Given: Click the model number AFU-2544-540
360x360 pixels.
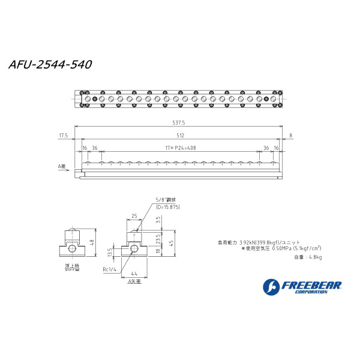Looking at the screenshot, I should pyautogui.click(x=50, y=65).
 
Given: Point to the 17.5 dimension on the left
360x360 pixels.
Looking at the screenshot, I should pyautogui.click(x=63, y=135).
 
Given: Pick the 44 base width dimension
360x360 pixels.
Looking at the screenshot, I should pyautogui.click(x=134, y=273).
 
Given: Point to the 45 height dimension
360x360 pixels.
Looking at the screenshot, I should pyautogui.click(x=172, y=243).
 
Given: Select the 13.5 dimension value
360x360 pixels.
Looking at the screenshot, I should pyautogui.click(x=109, y=251).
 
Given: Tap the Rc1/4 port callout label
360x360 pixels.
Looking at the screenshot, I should pyautogui.click(x=110, y=268).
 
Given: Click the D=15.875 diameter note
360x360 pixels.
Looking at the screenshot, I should pyautogui.click(x=167, y=206).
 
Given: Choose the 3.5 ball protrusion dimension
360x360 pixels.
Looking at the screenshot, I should pyautogui.click(x=157, y=220).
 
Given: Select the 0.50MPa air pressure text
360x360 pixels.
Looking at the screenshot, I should pyautogui.click(x=282, y=248).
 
